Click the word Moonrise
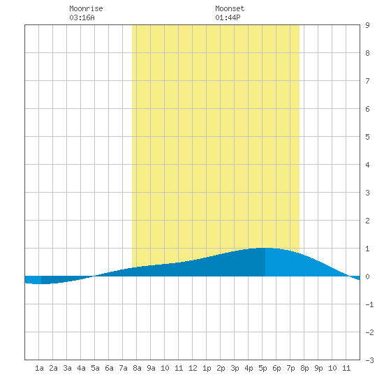point(86,8)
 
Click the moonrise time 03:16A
point(82,17)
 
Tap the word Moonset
point(230,8)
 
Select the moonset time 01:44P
point(228,17)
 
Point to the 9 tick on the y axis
point(367,25)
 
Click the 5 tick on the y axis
point(367,137)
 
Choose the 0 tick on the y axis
point(367,276)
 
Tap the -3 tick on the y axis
point(369,360)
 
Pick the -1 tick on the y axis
point(369,304)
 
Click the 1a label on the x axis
point(39,368)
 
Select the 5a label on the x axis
point(95,368)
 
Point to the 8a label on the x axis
point(137,368)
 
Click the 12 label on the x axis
point(193,368)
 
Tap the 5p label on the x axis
point(263,368)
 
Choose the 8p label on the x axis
point(304,368)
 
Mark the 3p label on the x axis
point(235,368)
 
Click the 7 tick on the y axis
point(367,81)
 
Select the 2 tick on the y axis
point(367,221)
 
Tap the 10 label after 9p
point(332,368)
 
